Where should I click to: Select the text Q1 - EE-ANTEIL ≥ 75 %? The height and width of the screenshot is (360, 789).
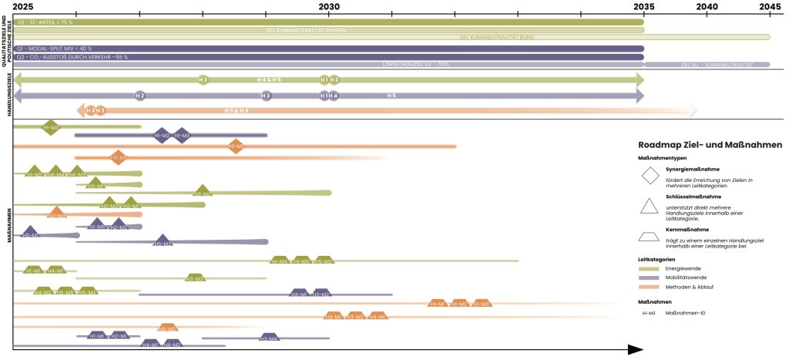coord(45,22)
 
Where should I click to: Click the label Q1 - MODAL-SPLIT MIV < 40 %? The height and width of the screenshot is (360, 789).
coord(49,49)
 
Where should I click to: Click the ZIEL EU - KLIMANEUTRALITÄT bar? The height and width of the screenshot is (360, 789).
coord(707,65)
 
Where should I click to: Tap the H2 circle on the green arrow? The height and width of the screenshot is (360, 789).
coord(203,79)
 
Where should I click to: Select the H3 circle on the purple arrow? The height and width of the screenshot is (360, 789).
coord(266,96)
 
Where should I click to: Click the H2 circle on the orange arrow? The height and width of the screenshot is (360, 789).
coord(91,111)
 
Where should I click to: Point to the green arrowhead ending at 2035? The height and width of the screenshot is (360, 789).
coord(638,79)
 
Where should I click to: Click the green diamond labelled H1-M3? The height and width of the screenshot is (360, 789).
coord(51,126)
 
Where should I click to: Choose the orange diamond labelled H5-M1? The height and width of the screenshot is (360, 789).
coord(118,158)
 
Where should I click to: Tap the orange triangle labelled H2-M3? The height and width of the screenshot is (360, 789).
coord(56,214)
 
